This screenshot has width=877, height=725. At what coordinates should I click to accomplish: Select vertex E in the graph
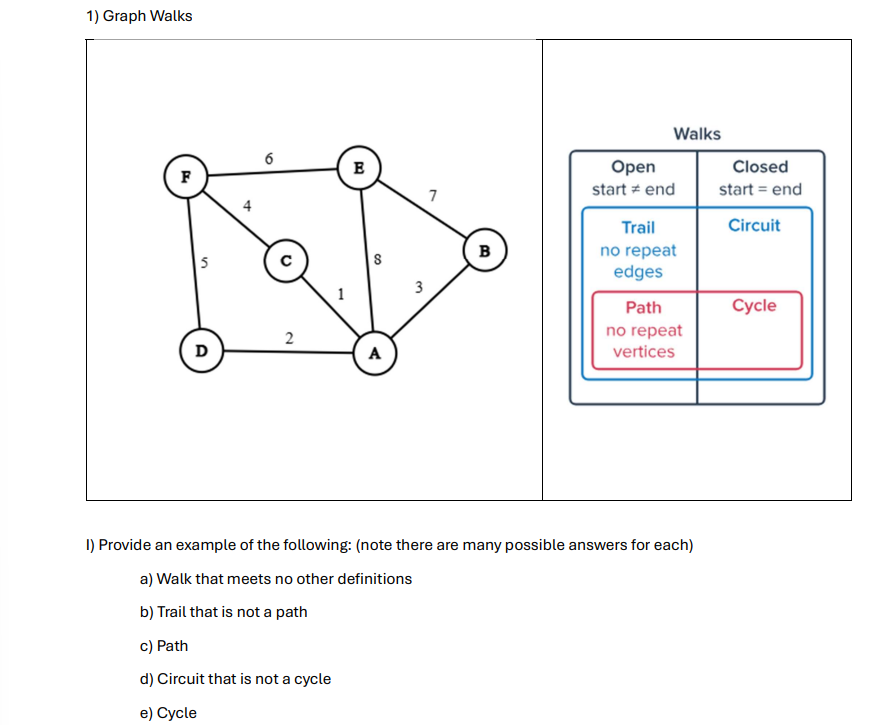pyautogui.click(x=358, y=164)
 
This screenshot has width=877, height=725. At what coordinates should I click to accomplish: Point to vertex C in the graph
pyautogui.click(x=285, y=261)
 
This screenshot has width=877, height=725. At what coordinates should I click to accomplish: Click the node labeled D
pyautogui.click(x=201, y=351)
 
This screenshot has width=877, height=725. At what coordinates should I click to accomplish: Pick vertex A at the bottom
pyautogui.click(x=375, y=353)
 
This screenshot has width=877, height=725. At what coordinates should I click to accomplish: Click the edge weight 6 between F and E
pyautogui.click(x=269, y=157)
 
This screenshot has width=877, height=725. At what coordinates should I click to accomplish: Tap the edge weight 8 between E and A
pyautogui.click(x=376, y=260)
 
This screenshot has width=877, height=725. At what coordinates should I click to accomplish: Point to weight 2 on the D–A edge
pyautogui.click(x=289, y=337)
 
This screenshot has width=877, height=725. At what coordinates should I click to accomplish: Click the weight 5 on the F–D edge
pyautogui.click(x=203, y=264)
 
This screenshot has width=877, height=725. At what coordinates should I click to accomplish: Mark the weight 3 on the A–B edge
pyautogui.click(x=418, y=287)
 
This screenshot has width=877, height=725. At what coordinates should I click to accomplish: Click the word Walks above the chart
pyautogui.click(x=697, y=133)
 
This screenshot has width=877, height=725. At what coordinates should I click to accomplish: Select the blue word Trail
pyautogui.click(x=638, y=227)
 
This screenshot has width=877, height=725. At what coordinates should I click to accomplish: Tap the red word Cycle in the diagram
pyautogui.click(x=753, y=305)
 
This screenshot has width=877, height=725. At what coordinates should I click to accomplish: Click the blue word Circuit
pyautogui.click(x=754, y=225)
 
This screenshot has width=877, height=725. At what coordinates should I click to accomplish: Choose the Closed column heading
pyautogui.click(x=760, y=167)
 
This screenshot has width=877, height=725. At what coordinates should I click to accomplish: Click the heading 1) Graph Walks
pyautogui.click(x=139, y=16)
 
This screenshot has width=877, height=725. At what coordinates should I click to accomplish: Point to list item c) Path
pyautogui.click(x=164, y=646)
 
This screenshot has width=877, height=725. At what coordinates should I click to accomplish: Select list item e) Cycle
pyautogui.click(x=169, y=713)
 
